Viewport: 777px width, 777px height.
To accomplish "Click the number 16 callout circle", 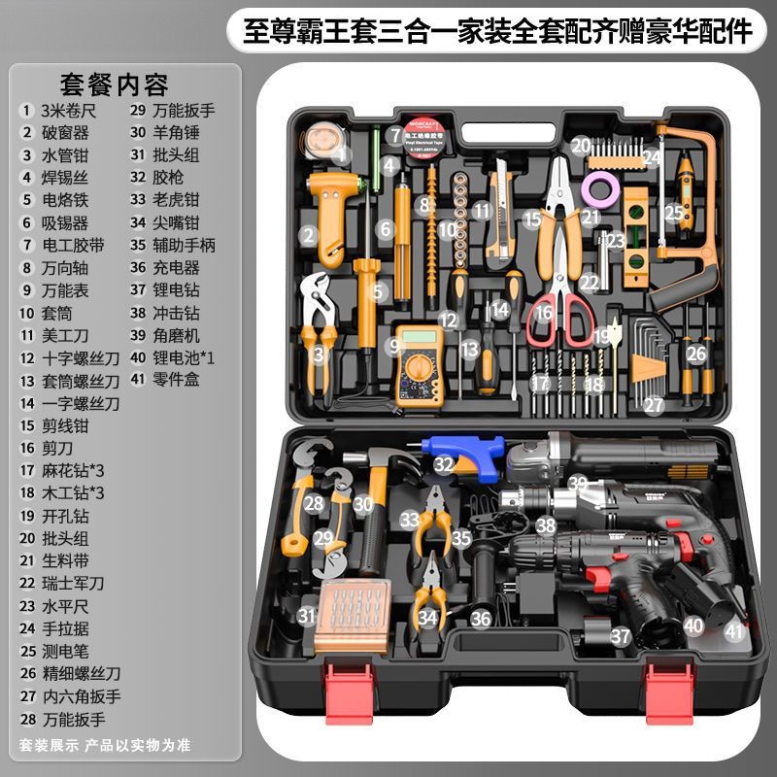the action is [544, 313].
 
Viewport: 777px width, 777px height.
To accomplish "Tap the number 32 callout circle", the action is [444, 465].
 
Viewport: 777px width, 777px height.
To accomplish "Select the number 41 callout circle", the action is [733, 631].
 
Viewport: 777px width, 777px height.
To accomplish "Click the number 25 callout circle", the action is [673, 211].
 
